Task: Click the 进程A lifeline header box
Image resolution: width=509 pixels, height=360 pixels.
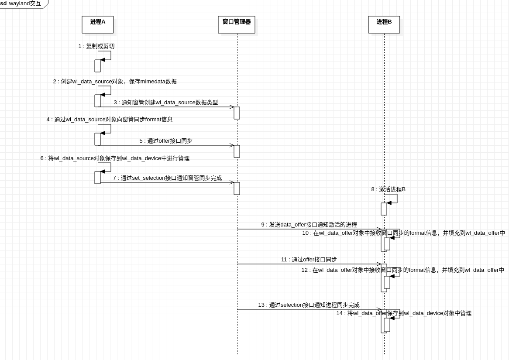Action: (97, 24)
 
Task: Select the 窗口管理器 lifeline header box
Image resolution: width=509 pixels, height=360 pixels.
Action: (237, 24)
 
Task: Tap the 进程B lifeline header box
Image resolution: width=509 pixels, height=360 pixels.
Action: (384, 24)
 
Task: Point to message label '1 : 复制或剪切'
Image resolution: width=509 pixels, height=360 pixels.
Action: (96, 46)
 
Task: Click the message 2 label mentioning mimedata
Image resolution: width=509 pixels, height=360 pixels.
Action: (115, 82)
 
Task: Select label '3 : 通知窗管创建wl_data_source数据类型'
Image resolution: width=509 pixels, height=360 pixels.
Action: (166, 103)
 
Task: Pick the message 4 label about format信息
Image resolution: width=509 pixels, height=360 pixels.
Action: (110, 120)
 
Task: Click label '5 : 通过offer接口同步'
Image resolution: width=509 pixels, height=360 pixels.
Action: (166, 141)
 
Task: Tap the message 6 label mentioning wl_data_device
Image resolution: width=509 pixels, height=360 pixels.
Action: (115, 158)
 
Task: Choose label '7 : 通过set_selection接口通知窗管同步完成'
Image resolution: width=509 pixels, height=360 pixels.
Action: (167, 178)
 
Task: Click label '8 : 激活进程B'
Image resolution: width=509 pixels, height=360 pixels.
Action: (389, 189)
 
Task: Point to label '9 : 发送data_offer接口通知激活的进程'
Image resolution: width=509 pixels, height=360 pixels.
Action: (309, 225)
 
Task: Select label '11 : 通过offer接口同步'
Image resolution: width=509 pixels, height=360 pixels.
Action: (309, 260)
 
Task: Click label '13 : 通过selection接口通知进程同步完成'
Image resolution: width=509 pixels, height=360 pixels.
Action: (309, 305)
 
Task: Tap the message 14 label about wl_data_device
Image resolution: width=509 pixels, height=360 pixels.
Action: (404, 313)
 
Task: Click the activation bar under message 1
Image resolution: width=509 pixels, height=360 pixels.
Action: (97, 66)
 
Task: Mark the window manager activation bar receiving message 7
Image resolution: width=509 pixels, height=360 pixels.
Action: (237, 189)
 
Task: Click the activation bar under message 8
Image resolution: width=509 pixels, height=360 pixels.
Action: (384, 209)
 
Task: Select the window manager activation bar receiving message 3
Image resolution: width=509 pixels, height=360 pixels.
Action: (237, 113)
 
